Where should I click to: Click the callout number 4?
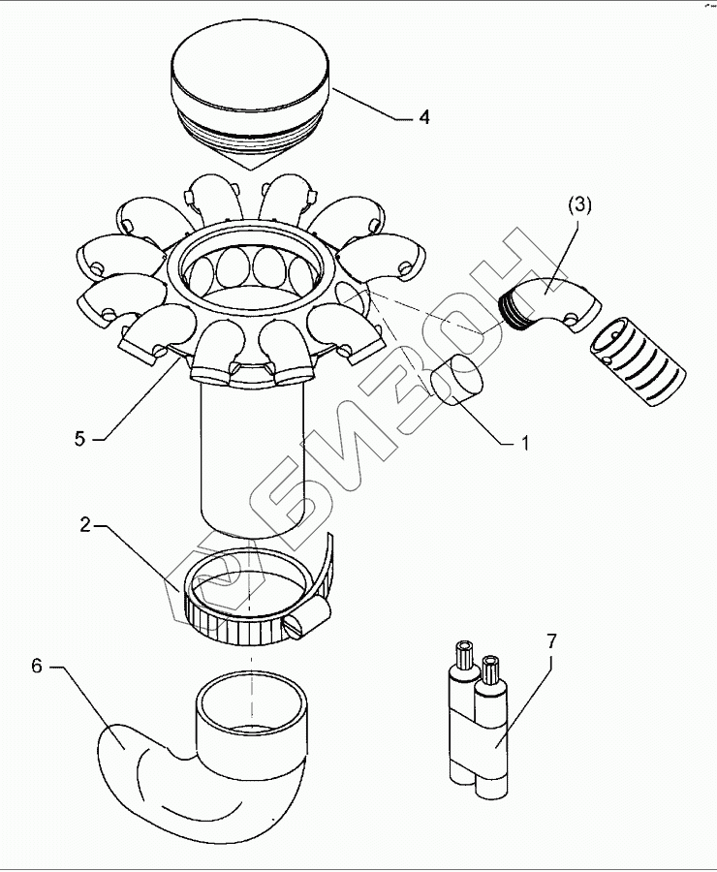[x=423, y=117]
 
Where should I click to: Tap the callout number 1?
[x=524, y=444]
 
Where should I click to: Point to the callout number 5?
[x=80, y=438]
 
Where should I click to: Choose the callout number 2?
[x=85, y=525]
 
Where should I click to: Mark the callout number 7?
[x=551, y=642]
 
